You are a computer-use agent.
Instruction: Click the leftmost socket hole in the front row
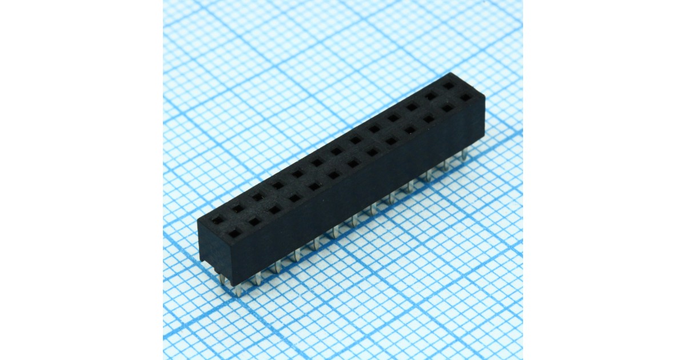234,234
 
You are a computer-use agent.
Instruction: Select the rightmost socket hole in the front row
466,97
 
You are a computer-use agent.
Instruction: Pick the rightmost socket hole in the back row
449,86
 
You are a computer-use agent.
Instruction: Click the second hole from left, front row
254,222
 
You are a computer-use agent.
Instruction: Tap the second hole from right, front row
447,108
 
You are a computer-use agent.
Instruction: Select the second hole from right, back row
430,96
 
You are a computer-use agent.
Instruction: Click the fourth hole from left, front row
294,198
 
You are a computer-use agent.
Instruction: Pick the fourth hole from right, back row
393,118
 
